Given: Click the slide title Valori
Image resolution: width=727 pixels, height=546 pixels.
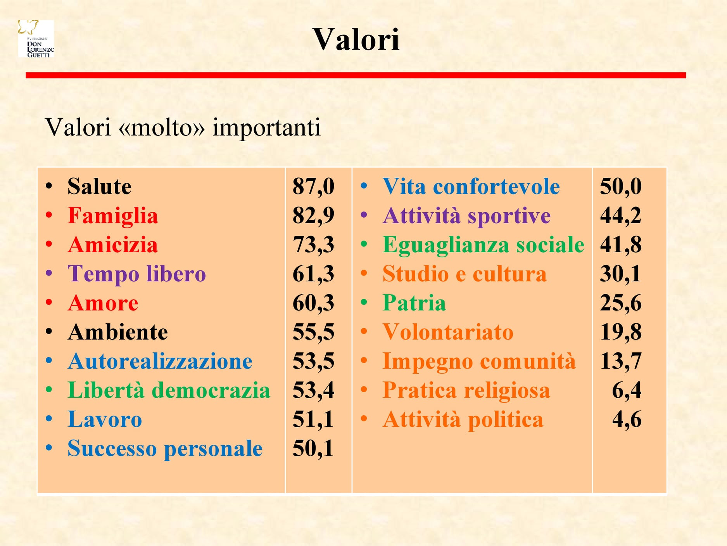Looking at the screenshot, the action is click(356, 39).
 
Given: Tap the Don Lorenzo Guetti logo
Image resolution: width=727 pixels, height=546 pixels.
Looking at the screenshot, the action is click(36, 38).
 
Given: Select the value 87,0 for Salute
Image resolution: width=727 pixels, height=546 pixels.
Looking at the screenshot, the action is click(313, 186).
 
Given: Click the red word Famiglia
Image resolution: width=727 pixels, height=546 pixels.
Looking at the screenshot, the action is click(113, 216).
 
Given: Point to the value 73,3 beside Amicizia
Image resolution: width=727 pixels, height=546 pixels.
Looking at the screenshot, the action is click(313, 244).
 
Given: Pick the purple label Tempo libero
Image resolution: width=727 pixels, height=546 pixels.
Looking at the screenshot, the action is click(136, 274).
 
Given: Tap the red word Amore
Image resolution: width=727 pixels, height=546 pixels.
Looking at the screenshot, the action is click(103, 303).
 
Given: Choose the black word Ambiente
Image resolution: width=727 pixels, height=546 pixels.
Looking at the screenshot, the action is click(118, 332).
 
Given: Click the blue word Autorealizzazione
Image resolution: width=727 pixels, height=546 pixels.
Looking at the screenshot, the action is click(160, 361).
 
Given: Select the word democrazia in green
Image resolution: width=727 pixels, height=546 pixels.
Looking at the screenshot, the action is click(211, 390).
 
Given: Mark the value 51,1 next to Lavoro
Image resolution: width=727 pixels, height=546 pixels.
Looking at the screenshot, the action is click(313, 419).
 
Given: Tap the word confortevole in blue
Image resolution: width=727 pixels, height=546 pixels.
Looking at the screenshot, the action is click(496, 186).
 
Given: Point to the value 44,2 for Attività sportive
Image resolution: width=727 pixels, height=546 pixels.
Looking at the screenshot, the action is click(621, 215).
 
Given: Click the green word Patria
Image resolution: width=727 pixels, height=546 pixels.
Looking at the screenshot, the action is click(414, 303).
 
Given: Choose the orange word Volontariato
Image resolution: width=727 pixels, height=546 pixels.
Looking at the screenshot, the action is click(448, 332).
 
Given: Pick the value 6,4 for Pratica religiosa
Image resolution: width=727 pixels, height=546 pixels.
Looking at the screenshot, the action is click(627, 390).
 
